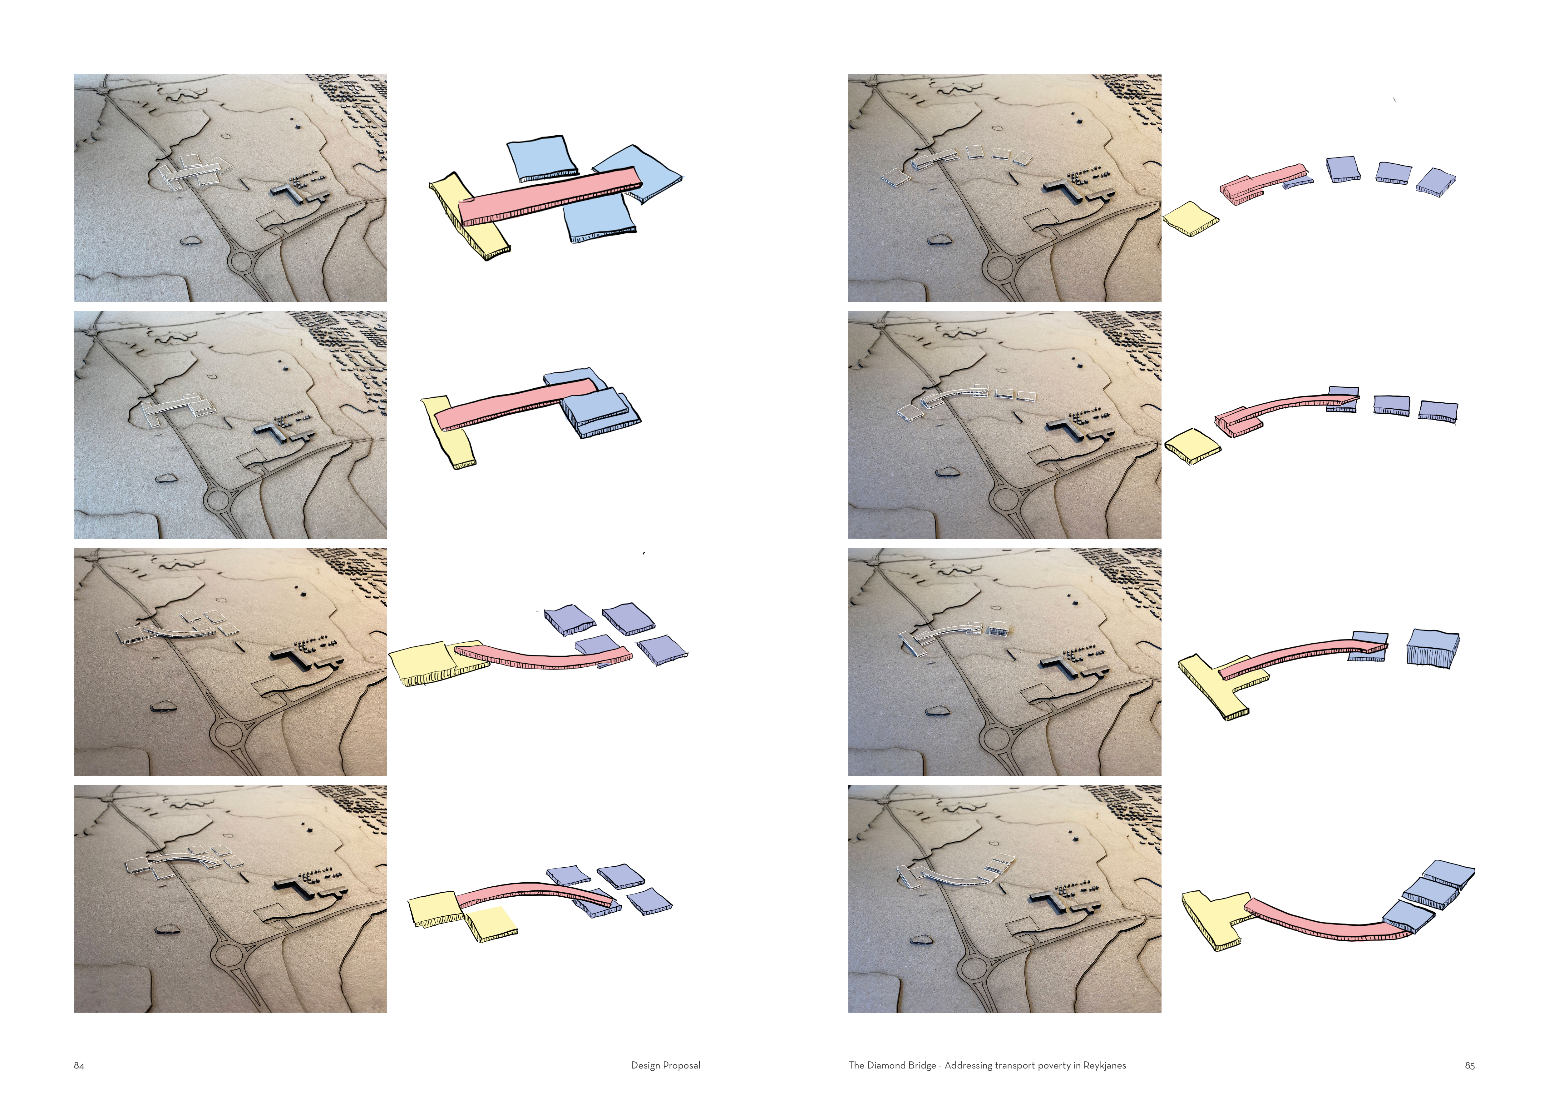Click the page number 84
(79, 1066)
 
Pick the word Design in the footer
(645, 1066)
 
